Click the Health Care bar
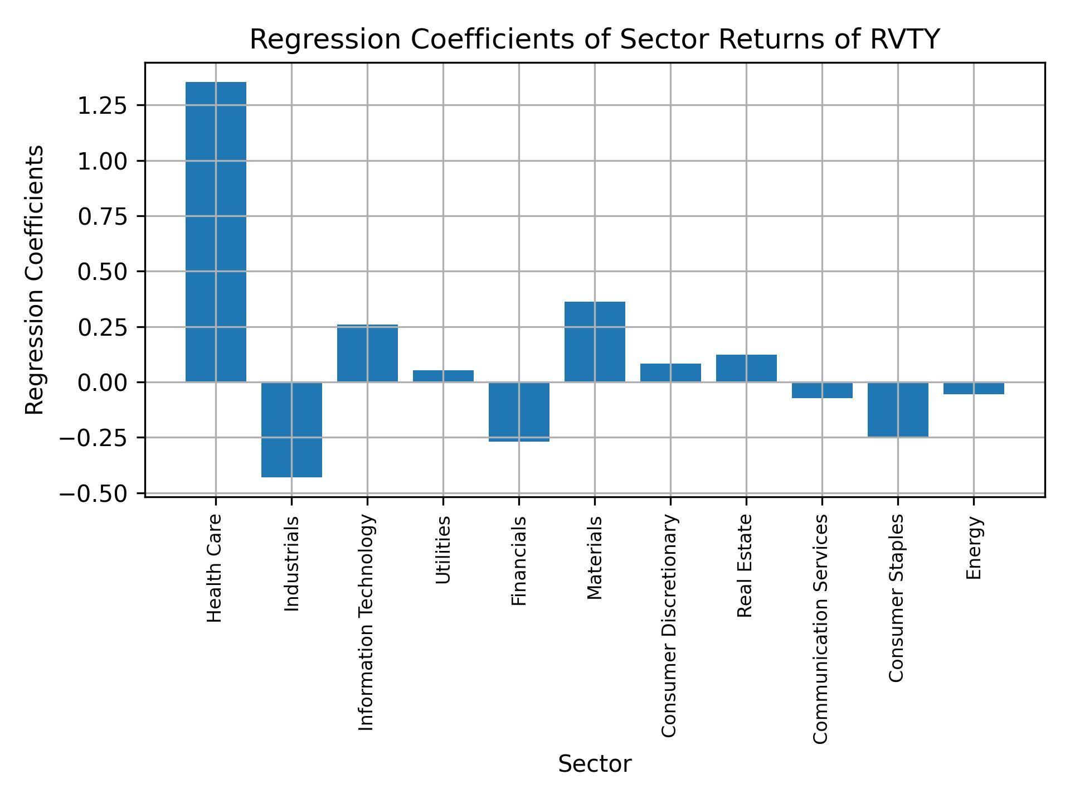216,231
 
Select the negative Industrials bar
291,429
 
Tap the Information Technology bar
367,353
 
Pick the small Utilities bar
443,376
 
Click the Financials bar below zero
519,412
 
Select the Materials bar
595,342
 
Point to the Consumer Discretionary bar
670,373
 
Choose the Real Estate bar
746,368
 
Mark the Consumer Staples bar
898,409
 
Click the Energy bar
974,388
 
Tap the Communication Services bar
822,390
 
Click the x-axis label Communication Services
820,628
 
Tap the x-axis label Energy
974,548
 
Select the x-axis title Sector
595,764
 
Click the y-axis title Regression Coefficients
35,280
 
